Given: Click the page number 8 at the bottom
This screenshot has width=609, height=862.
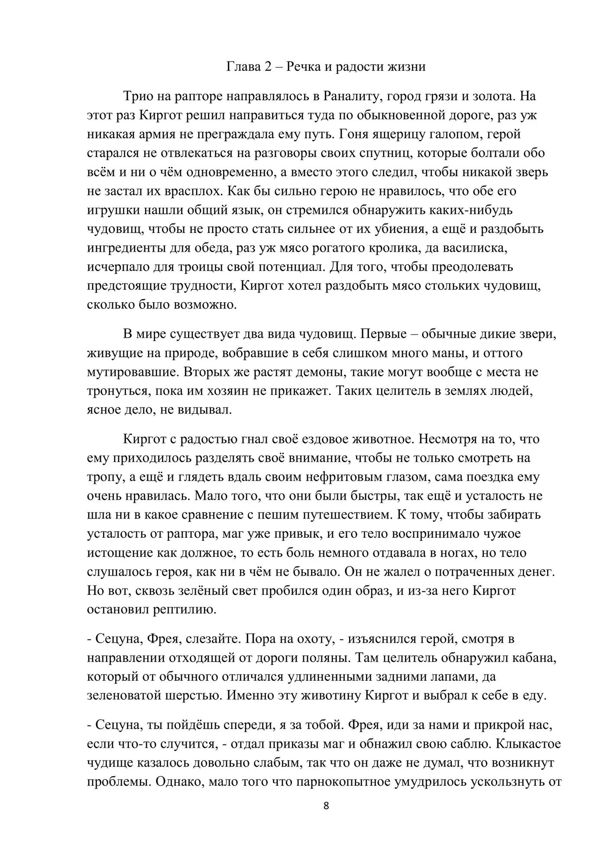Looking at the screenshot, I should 326,806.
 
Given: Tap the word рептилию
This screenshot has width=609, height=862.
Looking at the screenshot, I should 185,610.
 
